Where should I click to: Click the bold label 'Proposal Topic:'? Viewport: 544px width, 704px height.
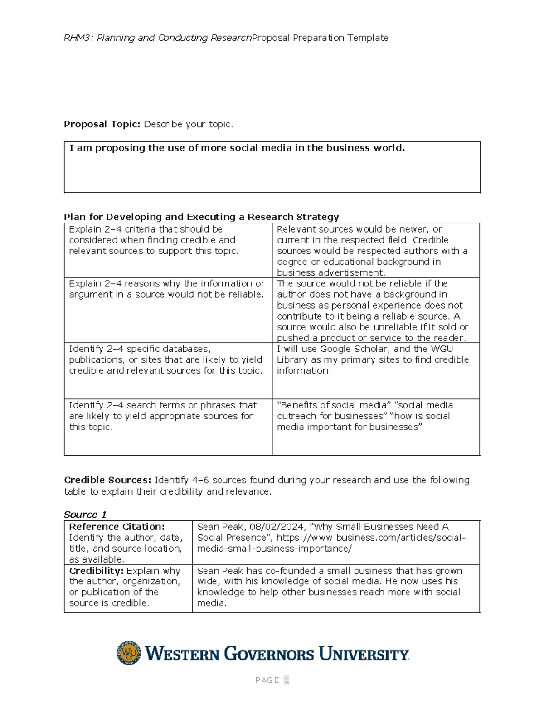[102, 124]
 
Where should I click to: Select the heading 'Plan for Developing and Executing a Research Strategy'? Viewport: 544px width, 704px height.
[201, 217]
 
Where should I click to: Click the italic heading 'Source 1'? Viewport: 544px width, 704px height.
[85, 515]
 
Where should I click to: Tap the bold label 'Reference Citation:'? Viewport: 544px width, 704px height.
[117, 527]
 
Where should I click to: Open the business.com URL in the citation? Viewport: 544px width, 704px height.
[331, 543]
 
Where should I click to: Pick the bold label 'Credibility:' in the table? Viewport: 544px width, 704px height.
[96, 571]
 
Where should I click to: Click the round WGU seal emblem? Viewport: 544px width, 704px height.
[129, 653]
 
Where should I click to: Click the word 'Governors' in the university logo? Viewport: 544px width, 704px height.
[269, 654]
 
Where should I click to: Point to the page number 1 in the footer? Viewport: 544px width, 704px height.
[286, 680]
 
